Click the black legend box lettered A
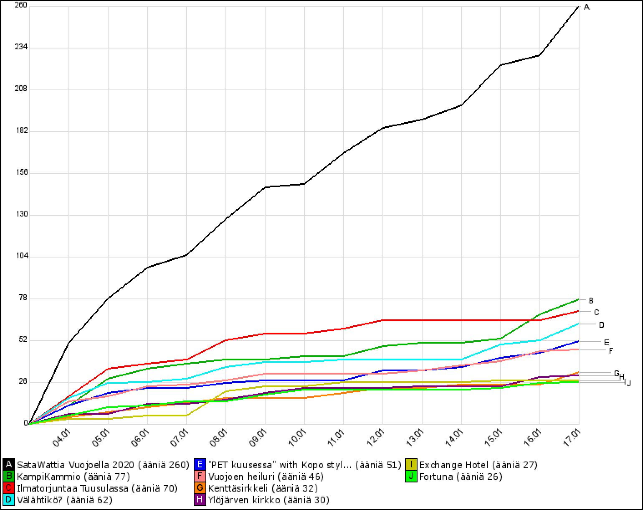pyautogui.click(x=8, y=465)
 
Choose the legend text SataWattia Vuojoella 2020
pyautogui.click(x=76, y=465)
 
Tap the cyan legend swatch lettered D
pyautogui.click(x=8, y=500)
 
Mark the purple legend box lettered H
pyautogui.click(x=200, y=500)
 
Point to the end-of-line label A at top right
pyautogui.click(x=587, y=7)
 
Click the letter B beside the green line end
pyautogui.click(x=591, y=301)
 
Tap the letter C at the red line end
pyautogui.click(x=596, y=312)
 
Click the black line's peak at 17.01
pyautogui.click(x=578, y=6)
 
